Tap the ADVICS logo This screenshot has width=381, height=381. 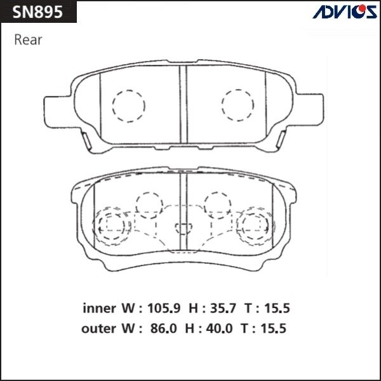pos(344,11)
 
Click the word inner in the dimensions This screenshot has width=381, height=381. pos(98,309)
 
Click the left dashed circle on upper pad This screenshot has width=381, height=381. pos(128,104)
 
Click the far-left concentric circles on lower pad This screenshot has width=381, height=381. pos(112,224)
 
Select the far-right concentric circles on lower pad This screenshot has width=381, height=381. pos(257,224)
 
